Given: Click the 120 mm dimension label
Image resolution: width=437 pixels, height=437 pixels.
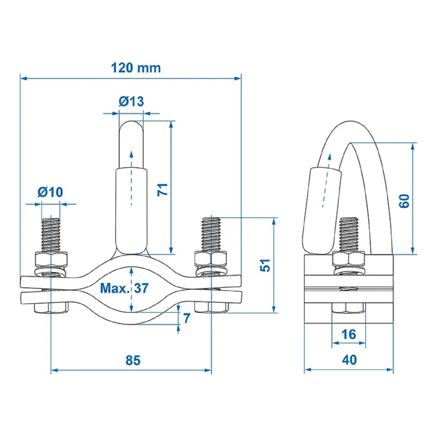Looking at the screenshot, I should [136, 68].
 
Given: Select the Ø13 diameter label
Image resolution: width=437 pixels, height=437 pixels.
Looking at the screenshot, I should [131, 101].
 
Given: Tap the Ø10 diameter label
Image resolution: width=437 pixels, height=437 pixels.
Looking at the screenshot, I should [50, 192].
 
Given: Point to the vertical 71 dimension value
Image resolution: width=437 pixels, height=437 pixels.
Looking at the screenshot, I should [163, 189].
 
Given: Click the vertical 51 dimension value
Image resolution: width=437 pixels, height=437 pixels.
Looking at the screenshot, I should [265, 265].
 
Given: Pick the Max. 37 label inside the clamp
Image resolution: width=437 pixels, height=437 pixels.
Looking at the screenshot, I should [124, 288].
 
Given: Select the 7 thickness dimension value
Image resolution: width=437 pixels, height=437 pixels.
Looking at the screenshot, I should [187, 318].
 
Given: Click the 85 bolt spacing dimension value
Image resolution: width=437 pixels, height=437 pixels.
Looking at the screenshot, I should [133, 360].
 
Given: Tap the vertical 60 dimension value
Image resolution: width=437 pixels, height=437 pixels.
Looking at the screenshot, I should [404, 201].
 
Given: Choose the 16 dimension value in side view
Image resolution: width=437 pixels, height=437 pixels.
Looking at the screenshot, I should [349, 334].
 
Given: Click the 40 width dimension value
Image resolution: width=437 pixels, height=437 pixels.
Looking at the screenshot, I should [349, 360].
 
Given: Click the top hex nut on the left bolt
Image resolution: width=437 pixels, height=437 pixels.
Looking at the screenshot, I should [51, 258].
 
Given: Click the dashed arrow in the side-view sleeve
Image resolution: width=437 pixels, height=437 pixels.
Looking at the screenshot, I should [326, 181].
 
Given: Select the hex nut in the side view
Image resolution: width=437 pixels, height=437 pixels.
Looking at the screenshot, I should [349, 258].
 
